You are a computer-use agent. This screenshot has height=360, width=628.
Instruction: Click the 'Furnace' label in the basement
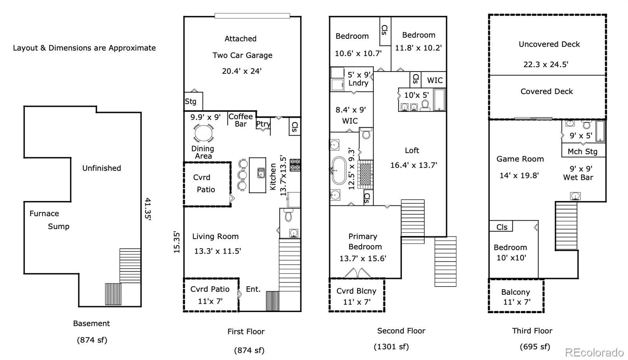(x=44, y=214)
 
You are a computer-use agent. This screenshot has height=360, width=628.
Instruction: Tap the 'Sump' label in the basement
(x=58, y=227)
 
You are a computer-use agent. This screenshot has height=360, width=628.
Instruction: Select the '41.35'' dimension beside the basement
(x=147, y=210)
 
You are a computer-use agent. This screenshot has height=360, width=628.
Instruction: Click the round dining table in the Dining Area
(x=203, y=133)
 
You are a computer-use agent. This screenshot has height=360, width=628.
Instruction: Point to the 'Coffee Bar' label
(x=241, y=120)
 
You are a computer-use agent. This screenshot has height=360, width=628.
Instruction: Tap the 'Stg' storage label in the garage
(x=191, y=101)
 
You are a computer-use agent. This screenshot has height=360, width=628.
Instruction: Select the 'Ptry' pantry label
(x=263, y=124)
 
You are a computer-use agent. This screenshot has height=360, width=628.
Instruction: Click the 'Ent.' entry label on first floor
(x=253, y=289)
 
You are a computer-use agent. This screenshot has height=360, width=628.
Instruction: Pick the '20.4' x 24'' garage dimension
(x=242, y=71)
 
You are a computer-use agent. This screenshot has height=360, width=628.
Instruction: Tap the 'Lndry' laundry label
(x=358, y=83)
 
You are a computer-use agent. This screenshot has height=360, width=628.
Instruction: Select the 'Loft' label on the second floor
(x=412, y=150)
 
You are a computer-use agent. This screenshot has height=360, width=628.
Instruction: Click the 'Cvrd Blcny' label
(x=356, y=291)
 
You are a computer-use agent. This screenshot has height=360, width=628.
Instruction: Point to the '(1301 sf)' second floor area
(x=391, y=347)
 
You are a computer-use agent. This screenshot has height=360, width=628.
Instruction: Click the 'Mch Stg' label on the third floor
(x=582, y=152)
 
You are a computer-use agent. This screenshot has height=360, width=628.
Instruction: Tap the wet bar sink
(x=575, y=196)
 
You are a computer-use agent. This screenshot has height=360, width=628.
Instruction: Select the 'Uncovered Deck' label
(x=549, y=44)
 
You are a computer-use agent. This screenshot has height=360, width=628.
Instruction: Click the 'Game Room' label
(x=520, y=159)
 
